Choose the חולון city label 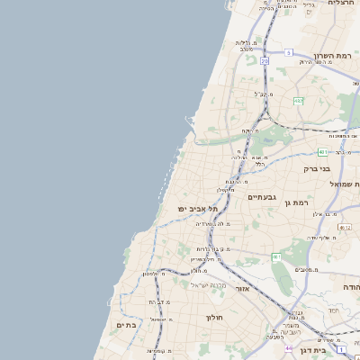213,317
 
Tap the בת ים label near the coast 126,324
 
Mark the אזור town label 241,289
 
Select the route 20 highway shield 264,61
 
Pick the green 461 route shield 276,257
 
